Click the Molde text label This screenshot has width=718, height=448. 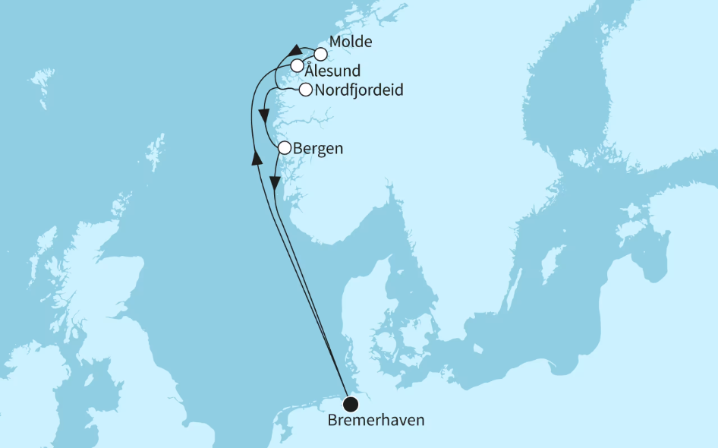click(x=351, y=43)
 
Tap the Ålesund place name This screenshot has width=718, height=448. click(x=333, y=71)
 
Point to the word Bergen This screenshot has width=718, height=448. click(x=318, y=149)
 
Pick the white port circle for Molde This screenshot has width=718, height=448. click(x=320, y=54)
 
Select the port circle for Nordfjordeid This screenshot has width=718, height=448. click(x=305, y=90)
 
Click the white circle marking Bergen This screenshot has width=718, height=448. click(x=284, y=148)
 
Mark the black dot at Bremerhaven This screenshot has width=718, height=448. click(x=350, y=403)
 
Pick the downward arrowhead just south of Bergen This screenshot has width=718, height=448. click(x=276, y=184)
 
